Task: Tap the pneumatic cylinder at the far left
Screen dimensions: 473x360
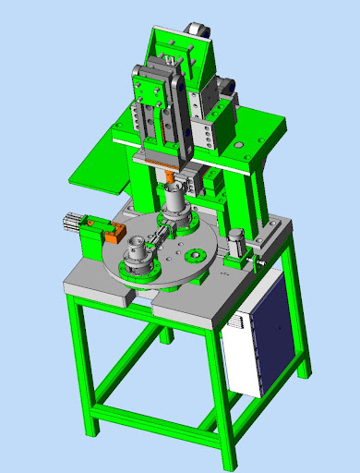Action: (72, 222)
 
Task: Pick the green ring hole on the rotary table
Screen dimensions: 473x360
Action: (195, 254)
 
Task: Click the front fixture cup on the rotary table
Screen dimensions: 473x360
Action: (138, 249)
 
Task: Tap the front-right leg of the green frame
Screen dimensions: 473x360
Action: (229, 406)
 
